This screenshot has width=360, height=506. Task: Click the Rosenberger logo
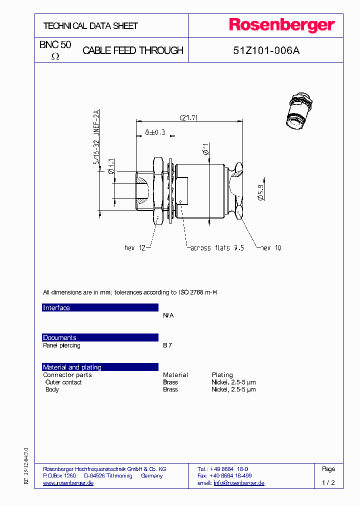[x=282, y=25]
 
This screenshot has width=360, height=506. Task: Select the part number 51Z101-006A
[x=266, y=50]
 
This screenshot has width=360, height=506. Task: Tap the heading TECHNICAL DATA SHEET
[x=90, y=26]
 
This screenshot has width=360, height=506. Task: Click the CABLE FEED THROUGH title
[x=132, y=50]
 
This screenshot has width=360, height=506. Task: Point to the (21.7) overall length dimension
[x=189, y=117]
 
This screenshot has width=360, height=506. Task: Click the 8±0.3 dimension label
[x=154, y=132]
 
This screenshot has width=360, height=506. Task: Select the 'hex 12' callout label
[x=134, y=247]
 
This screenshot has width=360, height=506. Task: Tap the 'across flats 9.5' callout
[x=216, y=247]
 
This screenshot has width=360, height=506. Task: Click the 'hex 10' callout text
[x=270, y=247]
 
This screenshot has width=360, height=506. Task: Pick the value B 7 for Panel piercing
[x=167, y=345]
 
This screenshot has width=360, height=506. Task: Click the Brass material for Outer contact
[x=170, y=382]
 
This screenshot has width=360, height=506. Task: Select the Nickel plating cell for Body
[x=233, y=389]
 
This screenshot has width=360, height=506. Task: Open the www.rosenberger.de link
[x=68, y=483]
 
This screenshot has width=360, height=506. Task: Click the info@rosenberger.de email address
[x=239, y=483]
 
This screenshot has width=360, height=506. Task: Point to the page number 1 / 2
[x=328, y=483]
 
